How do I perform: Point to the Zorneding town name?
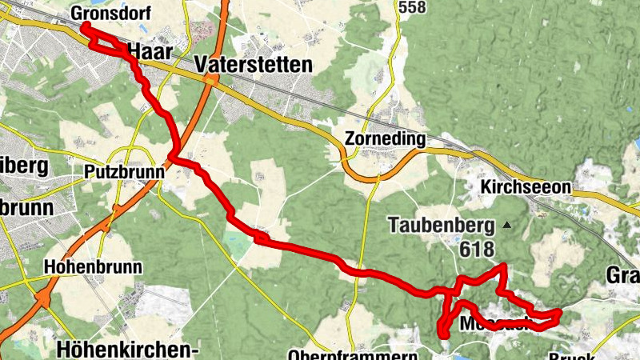[384, 138]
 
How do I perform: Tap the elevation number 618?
[477, 250]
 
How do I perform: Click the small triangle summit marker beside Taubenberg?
[506, 225]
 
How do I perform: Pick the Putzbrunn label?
[124, 171]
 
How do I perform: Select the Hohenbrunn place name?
[93, 266]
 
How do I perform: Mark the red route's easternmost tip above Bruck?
[558, 312]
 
